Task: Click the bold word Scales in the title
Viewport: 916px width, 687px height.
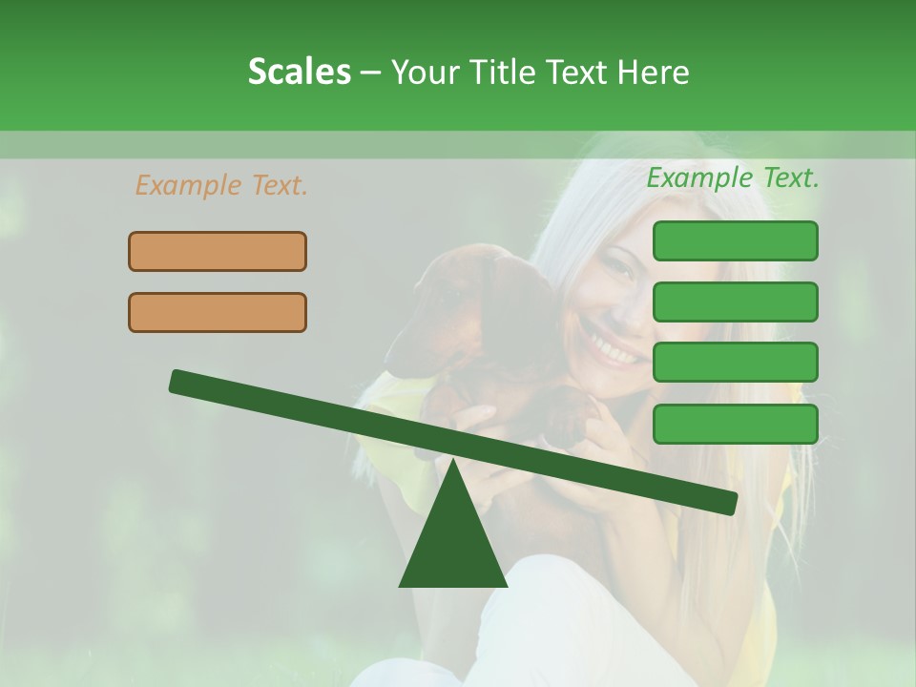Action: click(x=299, y=73)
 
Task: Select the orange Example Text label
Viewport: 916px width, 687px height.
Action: click(x=221, y=185)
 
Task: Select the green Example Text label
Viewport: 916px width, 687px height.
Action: click(x=733, y=177)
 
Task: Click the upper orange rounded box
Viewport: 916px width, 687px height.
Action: click(x=218, y=252)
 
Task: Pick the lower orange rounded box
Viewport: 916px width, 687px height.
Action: click(x=218, y=313)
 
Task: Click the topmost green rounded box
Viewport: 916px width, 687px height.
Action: click(x=735, y=241)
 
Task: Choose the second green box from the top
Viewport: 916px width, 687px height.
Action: click(x=735, y=302)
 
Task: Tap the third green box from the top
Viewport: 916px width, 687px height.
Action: click(x=735, y=363)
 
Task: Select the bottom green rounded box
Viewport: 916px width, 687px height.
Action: click(x=735, y=424)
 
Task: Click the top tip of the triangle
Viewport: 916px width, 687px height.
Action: click(x=453, y=464)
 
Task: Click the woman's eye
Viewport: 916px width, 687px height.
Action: click(x=618, y=270)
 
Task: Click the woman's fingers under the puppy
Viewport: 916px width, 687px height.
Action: click(x=477, y=416)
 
